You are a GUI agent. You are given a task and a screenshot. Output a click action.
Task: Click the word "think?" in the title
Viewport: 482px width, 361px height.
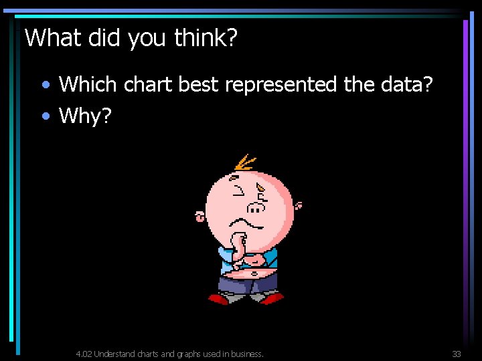coord(206,38)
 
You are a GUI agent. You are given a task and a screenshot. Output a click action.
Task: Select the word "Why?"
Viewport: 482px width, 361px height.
coord(85,116)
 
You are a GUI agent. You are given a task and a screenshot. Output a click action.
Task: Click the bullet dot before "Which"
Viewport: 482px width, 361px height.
coord(45,86)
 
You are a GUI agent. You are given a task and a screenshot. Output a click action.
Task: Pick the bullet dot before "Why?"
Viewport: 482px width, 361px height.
coord(45,117)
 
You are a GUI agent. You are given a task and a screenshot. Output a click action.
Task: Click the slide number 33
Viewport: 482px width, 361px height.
coord(457,354)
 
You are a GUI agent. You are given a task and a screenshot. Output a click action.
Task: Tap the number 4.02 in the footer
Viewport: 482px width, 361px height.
coord(84,354)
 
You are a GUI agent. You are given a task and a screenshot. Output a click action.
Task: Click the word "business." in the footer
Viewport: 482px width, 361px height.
coord(246,354)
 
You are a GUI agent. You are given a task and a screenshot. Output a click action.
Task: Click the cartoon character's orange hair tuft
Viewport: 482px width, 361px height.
coord(245,162)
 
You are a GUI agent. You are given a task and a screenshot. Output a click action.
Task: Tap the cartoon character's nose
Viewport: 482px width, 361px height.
coord(255,207)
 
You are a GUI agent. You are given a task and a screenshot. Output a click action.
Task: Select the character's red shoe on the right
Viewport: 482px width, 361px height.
coord(272,299)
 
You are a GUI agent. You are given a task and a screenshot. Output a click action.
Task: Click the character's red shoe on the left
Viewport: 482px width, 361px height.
coord(220,299)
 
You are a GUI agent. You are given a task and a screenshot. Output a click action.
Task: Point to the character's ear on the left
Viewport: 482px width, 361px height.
coord(199,216)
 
